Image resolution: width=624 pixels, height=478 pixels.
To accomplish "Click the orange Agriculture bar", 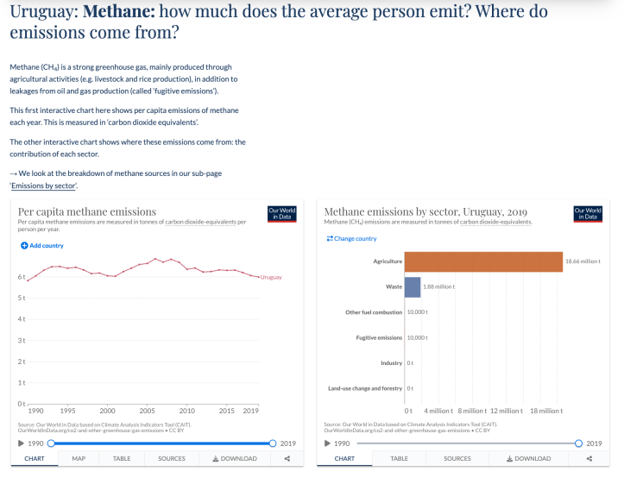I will coord(483,261).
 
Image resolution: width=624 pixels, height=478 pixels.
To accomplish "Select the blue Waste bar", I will coord(412,286).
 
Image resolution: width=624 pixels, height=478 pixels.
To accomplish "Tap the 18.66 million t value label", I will coord(583,261).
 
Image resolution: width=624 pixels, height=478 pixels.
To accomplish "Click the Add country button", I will coord(42,246).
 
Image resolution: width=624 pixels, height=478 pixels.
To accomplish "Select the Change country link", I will coord(351,238).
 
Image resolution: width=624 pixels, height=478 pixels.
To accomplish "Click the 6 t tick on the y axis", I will coord(22,277).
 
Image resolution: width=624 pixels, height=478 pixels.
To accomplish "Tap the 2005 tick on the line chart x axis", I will coord(148,411).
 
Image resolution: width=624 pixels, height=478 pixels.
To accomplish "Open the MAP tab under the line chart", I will coord(79,458).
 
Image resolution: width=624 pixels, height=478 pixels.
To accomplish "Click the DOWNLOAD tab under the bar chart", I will coord(526,458).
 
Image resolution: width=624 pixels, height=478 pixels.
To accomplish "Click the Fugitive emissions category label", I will coord(379,337).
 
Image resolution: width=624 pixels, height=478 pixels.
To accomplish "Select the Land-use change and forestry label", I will coord(365,388).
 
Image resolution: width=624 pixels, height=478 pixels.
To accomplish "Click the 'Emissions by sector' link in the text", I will coord(45,186).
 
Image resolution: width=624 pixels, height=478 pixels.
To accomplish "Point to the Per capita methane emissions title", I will coord(87,211).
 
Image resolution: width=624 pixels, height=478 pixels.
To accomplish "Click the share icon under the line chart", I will coord(287,458).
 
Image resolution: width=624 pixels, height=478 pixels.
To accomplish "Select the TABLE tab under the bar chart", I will coord(399,458).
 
